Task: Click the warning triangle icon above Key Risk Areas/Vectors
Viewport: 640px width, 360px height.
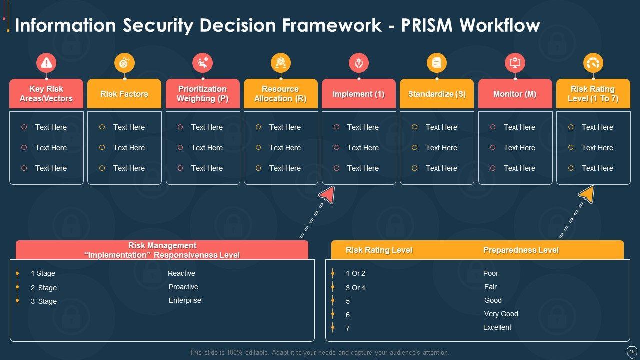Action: pyautogui.click(x=46, y=63)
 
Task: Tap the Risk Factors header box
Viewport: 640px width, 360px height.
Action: pyautogui.click(x=124, y=94)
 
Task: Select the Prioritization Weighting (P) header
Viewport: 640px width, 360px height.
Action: pyautogui.click(x=202, y=94)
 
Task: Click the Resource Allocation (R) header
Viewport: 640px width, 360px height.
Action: pyautogui.click(x=280, y=94)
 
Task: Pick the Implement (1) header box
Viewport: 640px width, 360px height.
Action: pyautogui.click(x=358, y=94)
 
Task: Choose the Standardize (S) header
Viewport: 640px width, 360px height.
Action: pyautogui.click(x=437, y=94)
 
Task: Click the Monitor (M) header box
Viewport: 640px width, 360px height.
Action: pyautogui.click(x=515, y=94)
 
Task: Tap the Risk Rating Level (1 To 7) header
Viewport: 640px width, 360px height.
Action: pyautogui.click(x=593, y=94)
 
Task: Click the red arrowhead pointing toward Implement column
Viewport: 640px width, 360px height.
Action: pyautogui.click(x=327, y=194)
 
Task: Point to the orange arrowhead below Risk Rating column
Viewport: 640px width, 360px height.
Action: pyautogui.click(x=587, y=194)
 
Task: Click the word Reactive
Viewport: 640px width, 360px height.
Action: pyautogui.click(x=181, y=273)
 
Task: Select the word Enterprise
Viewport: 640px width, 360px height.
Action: pyautogui.click(x=185, y=300)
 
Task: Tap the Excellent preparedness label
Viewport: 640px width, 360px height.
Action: pyautogui.click(x=497, y=327)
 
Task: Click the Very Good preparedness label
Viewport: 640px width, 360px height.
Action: pyautogui.click(x=501, y=314)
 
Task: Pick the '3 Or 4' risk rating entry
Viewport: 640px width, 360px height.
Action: pyautogui.click(x=355, y=288)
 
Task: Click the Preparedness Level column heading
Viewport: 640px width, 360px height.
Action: pyautogui.click(x=520, y=250)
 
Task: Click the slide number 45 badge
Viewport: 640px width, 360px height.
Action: pyautogui.click(x=631, y=351)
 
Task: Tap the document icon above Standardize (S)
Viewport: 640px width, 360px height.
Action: pyautogui.click(x=437, y=63)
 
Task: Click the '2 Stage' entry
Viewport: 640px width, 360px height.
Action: pyautogui.click(x=44, y=288)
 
